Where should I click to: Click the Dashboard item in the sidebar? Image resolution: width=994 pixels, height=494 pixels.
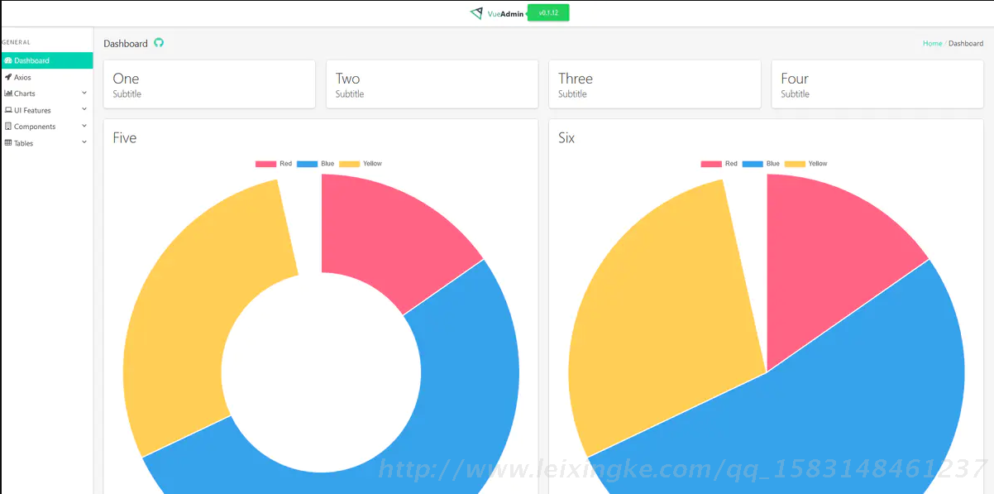click(31, 60)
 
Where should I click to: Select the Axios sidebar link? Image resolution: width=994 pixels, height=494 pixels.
click(22, 77)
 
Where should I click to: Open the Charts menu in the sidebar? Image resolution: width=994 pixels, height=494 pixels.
click(25, 94)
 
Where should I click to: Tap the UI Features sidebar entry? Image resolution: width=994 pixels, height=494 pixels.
click(32, 110)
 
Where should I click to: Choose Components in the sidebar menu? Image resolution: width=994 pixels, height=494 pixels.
click(35, 127)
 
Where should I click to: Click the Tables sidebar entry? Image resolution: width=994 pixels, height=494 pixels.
click(23, 143)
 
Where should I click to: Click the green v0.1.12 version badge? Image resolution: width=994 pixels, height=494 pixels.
click(548, 13)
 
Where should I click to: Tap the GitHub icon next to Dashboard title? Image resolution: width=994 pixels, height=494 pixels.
click(159, 43)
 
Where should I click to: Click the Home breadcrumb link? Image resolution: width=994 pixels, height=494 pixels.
click(932, 43)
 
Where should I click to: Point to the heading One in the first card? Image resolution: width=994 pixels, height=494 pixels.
click(126, 79)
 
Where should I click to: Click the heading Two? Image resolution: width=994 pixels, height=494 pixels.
click(347, 79)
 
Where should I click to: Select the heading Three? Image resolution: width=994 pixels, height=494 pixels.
click(575, 79)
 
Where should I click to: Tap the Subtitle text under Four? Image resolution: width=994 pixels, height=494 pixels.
click(795, 94)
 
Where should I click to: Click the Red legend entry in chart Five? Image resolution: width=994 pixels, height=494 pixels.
click(274, 164)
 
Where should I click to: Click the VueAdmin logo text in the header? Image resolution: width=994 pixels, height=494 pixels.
click(505, 14)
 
